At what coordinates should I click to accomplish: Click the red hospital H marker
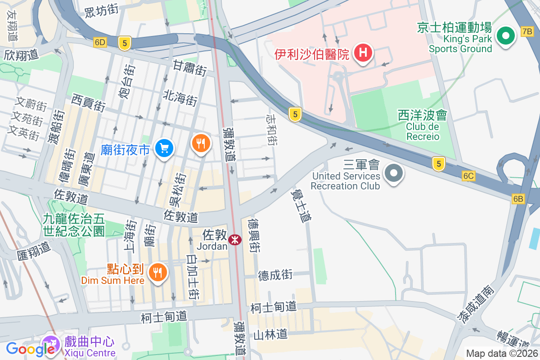pos(364,52)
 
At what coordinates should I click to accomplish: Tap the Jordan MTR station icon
pos(234,239)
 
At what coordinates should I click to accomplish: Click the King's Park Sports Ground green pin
pos(505,35)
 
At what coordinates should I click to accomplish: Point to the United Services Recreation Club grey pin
pos(394,173)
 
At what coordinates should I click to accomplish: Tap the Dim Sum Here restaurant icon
pos(157,271)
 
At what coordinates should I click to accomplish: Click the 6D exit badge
pos(100,42)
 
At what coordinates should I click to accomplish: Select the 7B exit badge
pos(527,31)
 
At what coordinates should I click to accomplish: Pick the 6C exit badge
pos(468,176)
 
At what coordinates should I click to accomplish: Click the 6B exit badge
pos(518,198)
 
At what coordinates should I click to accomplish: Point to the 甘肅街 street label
pos(189,68)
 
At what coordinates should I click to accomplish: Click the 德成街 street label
pos(275,274)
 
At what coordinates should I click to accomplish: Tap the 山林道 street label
pos(270,334)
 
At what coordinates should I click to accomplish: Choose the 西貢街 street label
pos(89,103)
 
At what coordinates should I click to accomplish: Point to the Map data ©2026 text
pos(502,354)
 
